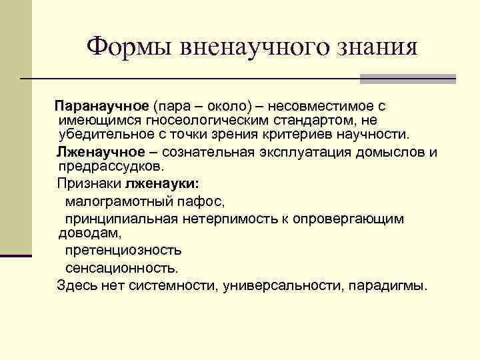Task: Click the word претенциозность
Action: tap(123, 250)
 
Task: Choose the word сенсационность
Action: tap(122, 268)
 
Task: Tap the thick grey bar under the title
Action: tap(407, 79)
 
